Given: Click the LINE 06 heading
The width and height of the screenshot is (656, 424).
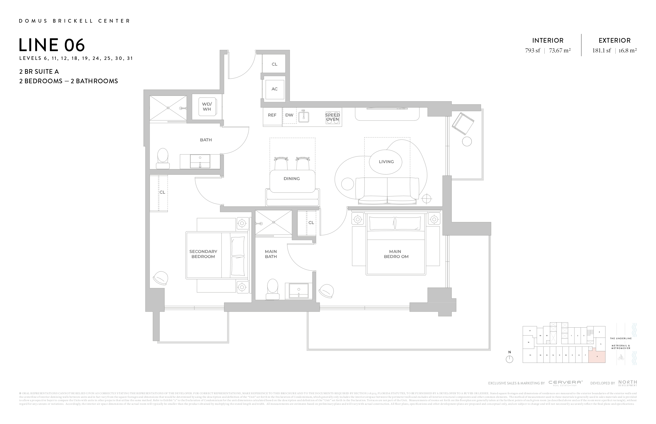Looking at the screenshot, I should click(52, 45).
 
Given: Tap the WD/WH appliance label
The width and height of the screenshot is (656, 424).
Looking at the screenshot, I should click(207, 107).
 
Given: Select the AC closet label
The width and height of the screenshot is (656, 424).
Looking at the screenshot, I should click(274, 89).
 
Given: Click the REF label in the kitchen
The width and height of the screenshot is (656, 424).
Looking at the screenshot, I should click(272, 115).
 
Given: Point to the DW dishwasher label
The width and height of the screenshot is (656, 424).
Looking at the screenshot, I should click(289, 115).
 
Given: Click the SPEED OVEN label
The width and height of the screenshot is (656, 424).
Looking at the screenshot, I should click(332, 117).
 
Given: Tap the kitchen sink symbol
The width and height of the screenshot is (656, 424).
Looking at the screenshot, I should click(303, 117).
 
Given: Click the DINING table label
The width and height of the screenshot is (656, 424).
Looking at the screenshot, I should click(292, 179).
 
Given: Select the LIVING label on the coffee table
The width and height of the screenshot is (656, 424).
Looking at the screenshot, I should click(386, 162).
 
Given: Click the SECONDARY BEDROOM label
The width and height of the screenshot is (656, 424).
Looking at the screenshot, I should click(203, 254).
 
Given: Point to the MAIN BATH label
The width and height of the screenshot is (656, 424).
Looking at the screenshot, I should click(271, 254).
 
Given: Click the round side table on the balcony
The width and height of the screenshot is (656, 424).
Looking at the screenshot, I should click(467, 142).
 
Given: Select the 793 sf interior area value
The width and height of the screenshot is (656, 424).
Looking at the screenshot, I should click(533, 51).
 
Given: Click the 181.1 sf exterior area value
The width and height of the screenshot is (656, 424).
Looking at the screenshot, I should click(601, 51).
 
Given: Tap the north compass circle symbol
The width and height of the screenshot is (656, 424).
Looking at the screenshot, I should click(509, 359).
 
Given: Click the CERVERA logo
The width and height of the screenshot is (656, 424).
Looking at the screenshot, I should click(565, 383).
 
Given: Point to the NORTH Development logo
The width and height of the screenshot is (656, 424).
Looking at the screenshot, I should click(627, 383).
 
